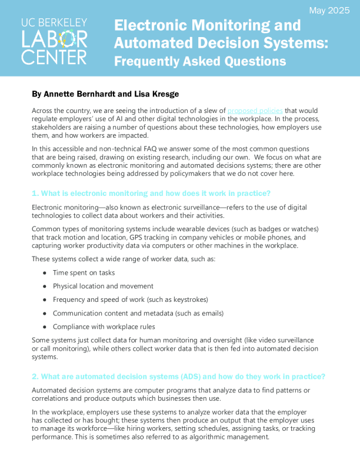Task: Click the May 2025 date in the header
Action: point(329,11)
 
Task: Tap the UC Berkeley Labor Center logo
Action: point(54,41)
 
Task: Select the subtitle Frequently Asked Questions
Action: point(200,61)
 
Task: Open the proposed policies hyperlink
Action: point(255,111)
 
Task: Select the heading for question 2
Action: point(178,377)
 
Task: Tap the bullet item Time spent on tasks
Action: point(84,272)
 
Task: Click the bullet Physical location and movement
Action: point(103,286)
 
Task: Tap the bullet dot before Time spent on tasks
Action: point(45,273)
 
